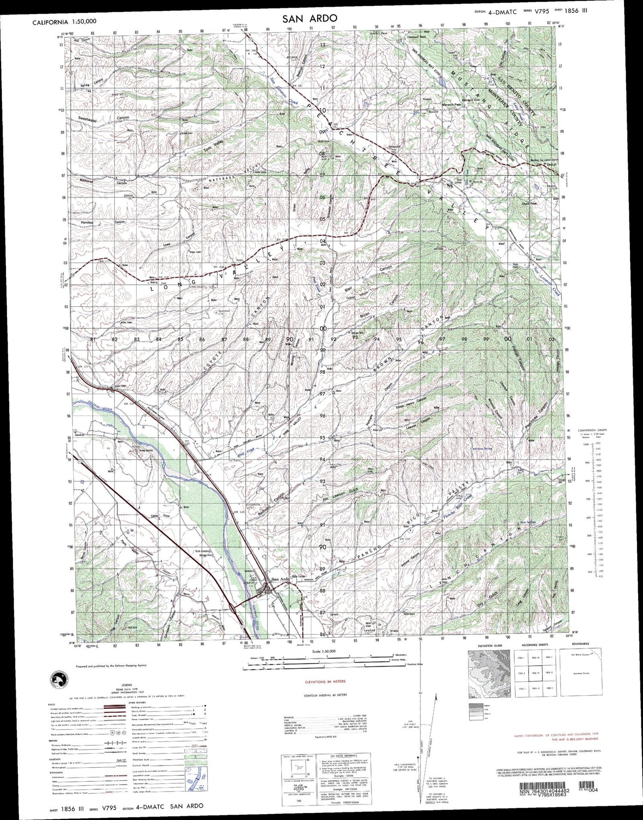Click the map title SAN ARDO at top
tap(309, 18)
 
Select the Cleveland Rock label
tap(417, 37)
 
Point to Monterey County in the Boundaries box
tap(581, 673)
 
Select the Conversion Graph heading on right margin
tap(601, 430)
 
